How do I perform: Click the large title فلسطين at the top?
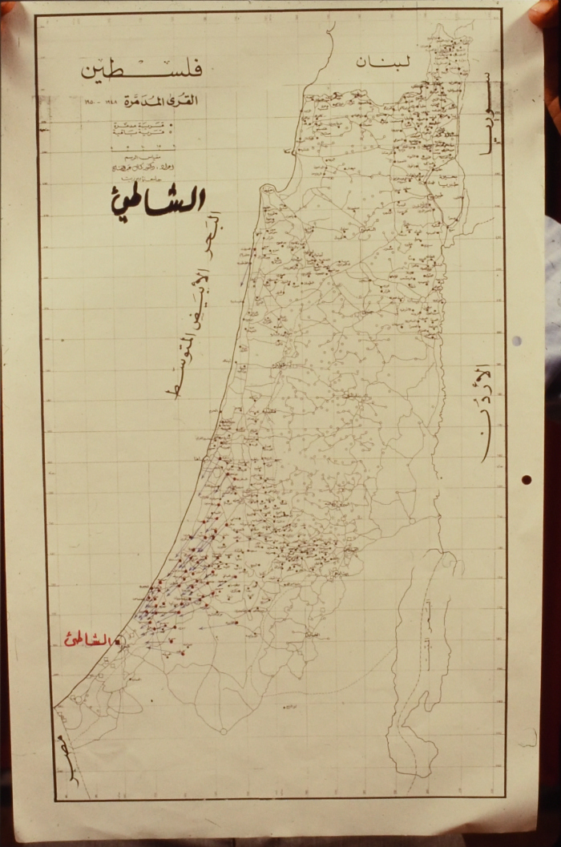click(141, 70)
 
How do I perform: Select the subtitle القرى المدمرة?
click(163, 103)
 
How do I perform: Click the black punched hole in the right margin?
click(526, 480)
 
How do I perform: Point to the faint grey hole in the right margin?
click(516, 341)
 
